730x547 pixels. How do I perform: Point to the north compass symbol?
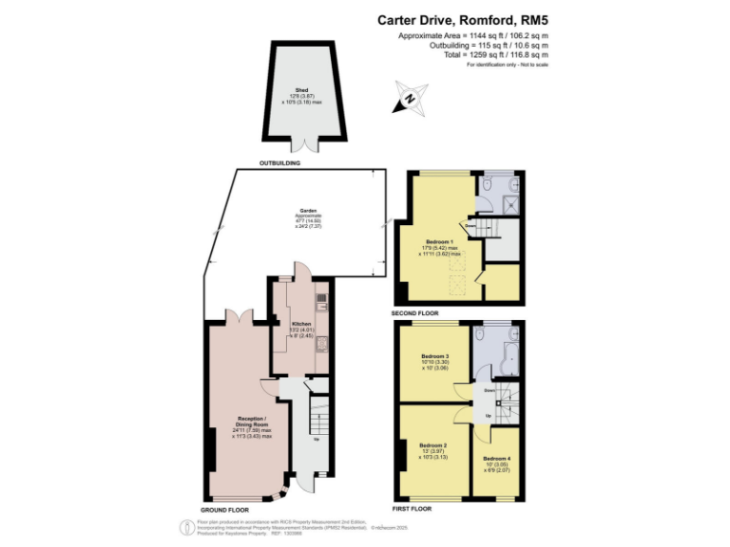[409, 97]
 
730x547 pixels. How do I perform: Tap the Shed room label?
[302, 91]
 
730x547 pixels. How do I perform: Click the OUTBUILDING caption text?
[280, 163]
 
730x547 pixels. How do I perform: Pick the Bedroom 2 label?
[433, 444]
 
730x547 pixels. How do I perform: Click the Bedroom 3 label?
[434, 356]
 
